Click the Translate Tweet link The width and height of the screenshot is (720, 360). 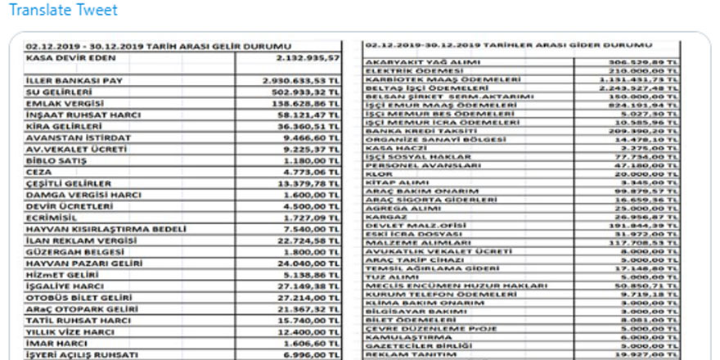click(x=63, y=11)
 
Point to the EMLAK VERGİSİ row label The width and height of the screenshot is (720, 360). click(x=64, y=105)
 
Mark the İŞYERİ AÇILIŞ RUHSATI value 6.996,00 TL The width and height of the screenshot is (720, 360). click(x=308, y=355)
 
